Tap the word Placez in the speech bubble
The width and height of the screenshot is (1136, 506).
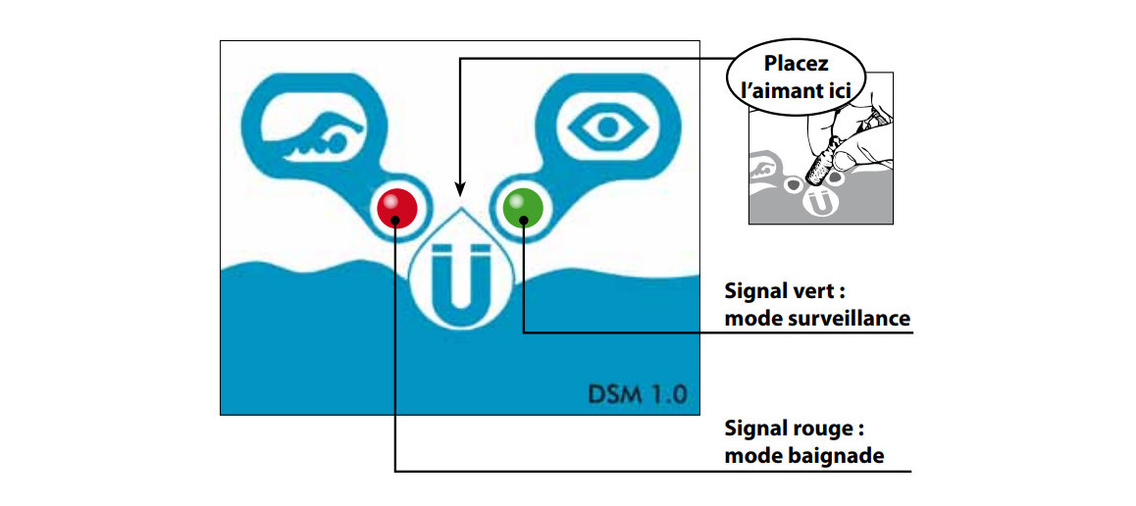click(x=797, y=66)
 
